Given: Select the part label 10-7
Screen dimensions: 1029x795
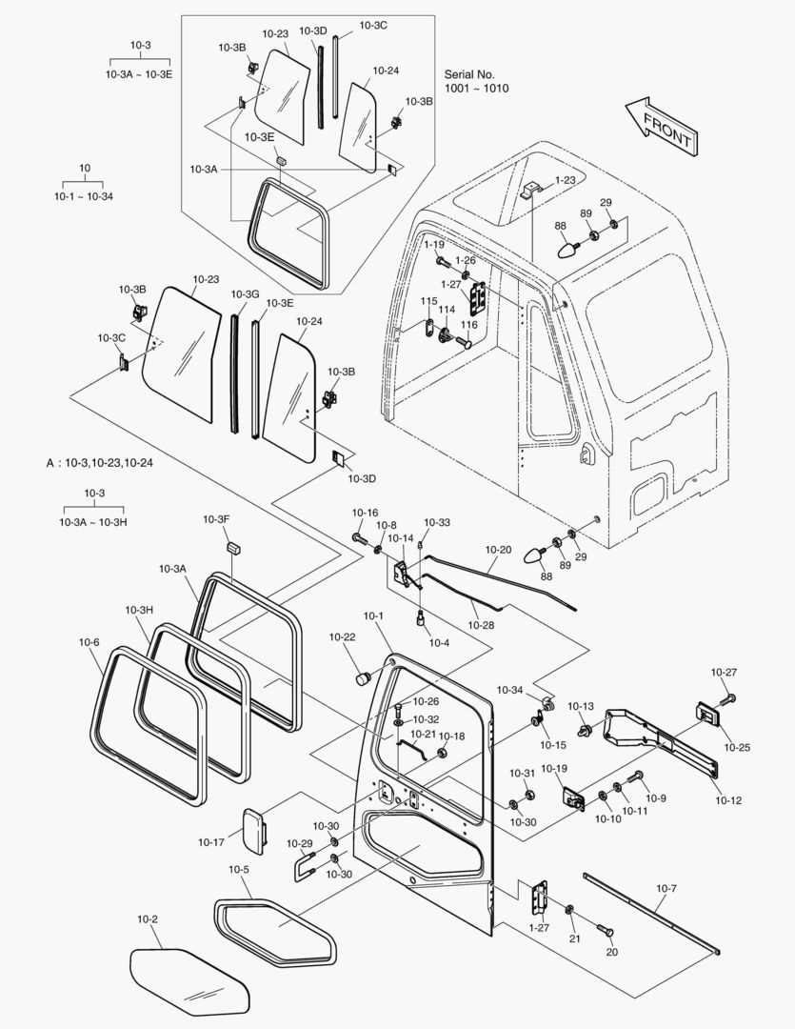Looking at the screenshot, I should tap(666, 889).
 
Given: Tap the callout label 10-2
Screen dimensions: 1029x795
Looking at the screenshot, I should tap(148, 919).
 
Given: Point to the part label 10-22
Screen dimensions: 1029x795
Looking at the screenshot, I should tap(343, 636).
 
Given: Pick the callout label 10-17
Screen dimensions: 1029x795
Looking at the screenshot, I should tap(211, 841).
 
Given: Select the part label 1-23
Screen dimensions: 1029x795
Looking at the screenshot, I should tap(566, 179).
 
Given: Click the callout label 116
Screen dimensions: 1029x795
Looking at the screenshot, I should tap(468, 325).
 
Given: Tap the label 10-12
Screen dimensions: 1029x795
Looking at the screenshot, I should tap(728, 800).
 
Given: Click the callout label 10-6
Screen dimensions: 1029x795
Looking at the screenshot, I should tap(89, 642).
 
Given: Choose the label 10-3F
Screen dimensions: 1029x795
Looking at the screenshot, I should tap(216, 519).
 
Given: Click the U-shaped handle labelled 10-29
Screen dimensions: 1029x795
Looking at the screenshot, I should tap(303, 866).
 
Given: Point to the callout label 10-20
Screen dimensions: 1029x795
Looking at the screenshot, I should tap(498, 550).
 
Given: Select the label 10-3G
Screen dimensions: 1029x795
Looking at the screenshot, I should tap(245, 293).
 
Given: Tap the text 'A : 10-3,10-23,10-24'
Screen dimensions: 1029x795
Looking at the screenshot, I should tap(100, 463).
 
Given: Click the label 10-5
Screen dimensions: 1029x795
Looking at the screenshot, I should tap(239, 869).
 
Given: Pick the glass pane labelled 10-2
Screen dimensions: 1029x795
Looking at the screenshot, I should tap(189, 981).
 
